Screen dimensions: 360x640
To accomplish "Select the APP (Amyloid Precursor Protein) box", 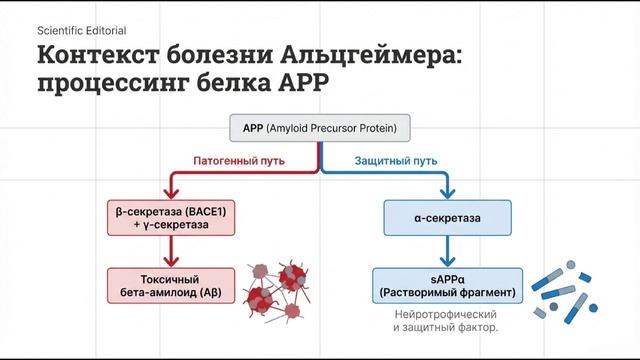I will point(319,129).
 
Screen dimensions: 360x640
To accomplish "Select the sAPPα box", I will point(447,285).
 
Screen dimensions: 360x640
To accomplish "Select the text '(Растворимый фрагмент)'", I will point(447,292).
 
